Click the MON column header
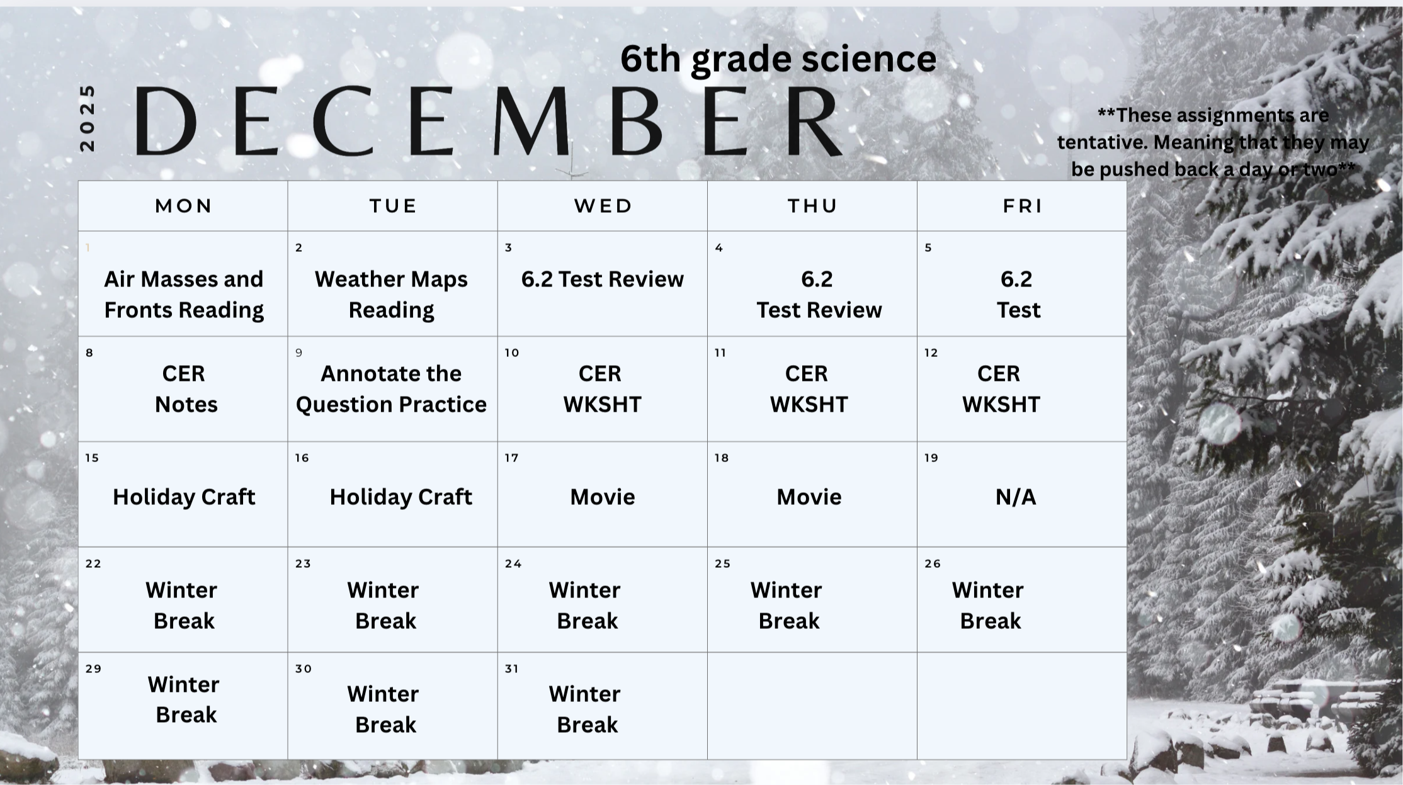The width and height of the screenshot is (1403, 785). tap(183, 206)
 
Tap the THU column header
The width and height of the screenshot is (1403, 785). tap(812, 206)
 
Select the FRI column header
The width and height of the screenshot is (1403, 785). tap(1023, 206)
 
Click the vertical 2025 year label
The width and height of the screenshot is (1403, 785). tap(87, 118)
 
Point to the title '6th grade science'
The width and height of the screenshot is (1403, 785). tap(778, 59)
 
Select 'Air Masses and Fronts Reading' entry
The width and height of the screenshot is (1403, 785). tap(184, 294)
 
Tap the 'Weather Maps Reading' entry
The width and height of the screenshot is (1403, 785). tap(391, 294)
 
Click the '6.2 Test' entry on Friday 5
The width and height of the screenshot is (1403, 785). tap(1018, 294)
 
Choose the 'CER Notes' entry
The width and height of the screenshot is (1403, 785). tap(185, 388)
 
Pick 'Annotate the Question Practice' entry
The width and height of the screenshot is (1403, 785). tap(391, 388)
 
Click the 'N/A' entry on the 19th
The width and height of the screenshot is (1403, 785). tap(1015, 497)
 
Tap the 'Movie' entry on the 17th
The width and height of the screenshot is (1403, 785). tap(603, 497)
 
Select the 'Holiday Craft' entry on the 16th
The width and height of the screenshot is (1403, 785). tap(400, 497)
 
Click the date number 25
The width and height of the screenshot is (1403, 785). tap(722, 563)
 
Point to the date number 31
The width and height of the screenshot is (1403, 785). tap(512, 669)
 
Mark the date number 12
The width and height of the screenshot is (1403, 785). tap(931, 353)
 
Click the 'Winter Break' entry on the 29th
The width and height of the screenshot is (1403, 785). tap(185, 699)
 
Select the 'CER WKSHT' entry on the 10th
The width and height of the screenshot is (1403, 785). tap(602, 388)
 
